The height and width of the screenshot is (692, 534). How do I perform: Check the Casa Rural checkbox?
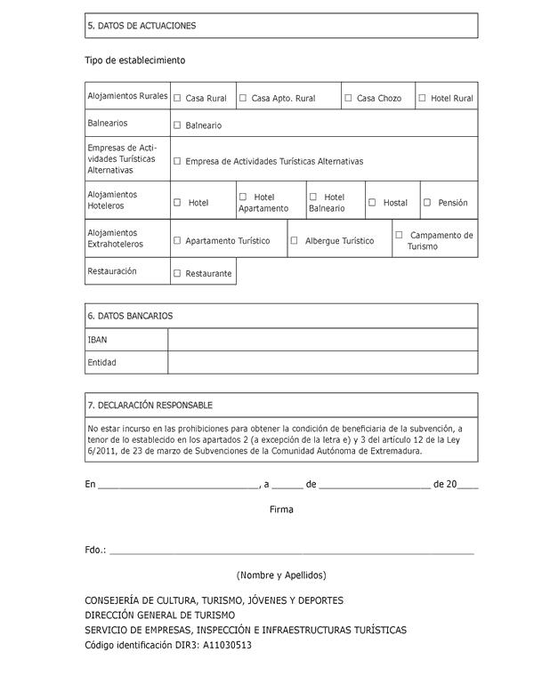177,98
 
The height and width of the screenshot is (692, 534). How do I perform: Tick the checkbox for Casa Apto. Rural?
243,98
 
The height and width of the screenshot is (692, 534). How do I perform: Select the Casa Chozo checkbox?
348,98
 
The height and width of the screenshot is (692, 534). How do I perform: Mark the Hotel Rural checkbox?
422,98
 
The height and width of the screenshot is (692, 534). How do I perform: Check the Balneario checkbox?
177,125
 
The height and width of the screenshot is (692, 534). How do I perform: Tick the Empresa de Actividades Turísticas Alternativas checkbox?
177,161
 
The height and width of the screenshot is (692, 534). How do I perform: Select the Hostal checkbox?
372,202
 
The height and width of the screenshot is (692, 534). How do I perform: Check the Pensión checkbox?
427,202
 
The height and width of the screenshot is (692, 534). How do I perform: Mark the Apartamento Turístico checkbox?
177,240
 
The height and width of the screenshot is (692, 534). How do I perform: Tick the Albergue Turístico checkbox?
295,240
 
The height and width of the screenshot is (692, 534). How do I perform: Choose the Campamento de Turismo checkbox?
399,235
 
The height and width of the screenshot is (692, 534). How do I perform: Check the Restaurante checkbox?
177,273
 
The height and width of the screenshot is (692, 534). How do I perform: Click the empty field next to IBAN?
322,340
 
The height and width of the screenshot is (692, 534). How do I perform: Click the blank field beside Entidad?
322,363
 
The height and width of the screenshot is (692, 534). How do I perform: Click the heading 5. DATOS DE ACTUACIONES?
142,26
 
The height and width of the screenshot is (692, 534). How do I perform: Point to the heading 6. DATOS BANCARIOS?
130,316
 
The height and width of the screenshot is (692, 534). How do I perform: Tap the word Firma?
281,510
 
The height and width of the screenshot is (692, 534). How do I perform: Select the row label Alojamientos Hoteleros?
112,199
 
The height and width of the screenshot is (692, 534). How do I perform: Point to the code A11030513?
227,646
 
